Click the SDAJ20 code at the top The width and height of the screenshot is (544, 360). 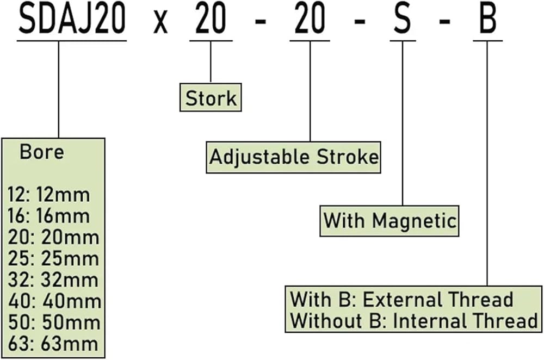pyautogui.click(x=72, y=20)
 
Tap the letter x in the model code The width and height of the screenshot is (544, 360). pyautogui.click(x=160, y=23)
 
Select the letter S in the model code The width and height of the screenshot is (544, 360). pyautogui.click(x=402, y=20)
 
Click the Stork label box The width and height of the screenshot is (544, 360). pyautogui.click(x=211, y=98)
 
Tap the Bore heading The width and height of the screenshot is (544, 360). pyautogui.click(x=42, y=152)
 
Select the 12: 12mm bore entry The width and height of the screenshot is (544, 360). pyautogui.click(x=49, y=194)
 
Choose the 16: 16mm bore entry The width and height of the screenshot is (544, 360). pyautogui.click(x=49, y=216)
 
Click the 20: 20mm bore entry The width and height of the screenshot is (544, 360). pyautogui.click(x=53, y=237)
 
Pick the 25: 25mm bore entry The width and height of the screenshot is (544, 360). pyautogui.click(x=53, y=258)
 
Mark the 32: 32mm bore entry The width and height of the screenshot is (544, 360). pyautogui.click(x=53, y=280)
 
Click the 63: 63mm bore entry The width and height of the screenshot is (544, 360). pyautogui.click(x=53, y=343)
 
